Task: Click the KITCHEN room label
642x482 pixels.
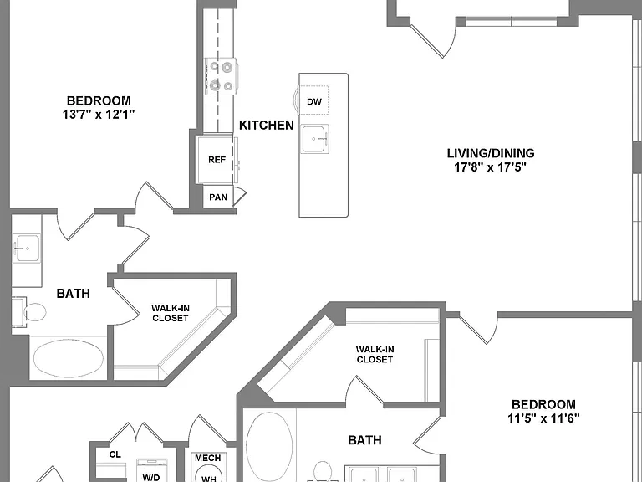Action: click(267, 125)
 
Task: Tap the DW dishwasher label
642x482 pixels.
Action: click(314, 101)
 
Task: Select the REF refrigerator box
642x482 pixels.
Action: click(217, 160)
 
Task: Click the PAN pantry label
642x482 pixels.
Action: click(218, 197)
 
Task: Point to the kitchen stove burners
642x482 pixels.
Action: click(221, 76)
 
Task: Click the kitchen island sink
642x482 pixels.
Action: click(315, 139)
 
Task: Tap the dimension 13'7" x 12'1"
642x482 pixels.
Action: click(99, 115)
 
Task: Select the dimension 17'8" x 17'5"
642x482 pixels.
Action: click(490, 167)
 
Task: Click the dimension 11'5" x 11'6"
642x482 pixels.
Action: click(543, 418)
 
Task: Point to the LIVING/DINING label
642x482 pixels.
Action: click(491, 153)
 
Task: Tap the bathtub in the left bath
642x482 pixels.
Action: click(68, 358)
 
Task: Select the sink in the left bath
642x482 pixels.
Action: click(27, 248)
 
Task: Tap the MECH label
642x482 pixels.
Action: click(208, 458)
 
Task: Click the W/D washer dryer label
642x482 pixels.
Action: click(151, 478)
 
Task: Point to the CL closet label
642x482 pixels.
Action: click(115, 454)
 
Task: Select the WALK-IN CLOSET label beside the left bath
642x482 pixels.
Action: click(171, 313)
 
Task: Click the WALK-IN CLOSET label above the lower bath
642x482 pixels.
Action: click(374, 354)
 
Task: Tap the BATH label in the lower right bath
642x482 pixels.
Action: click(364, 440)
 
